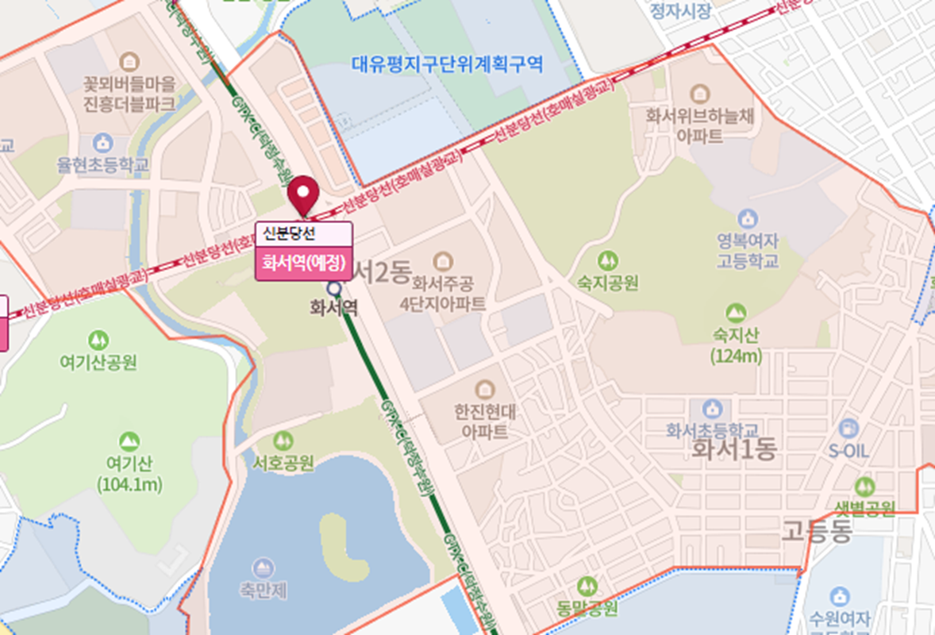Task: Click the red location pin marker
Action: (302, 194)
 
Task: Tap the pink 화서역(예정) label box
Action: (302, 263)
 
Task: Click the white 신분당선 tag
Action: (302, 233)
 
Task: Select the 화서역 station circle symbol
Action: (334, 288)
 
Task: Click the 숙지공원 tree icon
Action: (607, 260)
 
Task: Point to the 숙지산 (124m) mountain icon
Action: (736, 313)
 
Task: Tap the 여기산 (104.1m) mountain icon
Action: (129, 441)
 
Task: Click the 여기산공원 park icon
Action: (98, 341)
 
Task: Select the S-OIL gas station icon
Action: (848, 429)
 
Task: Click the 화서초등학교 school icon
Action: (712, 409)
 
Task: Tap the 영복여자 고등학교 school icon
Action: (747, 218)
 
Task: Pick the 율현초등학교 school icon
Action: (102, 144)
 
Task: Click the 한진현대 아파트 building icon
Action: (484, 390)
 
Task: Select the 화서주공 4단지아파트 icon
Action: (443, 260)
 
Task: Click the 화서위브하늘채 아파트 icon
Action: (698, 94)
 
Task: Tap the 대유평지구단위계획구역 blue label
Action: (448, 63)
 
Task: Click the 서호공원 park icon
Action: (283, 441)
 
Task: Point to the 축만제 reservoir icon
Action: (261, 568)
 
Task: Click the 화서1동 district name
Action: (733, 450)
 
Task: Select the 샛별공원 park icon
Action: (864, 487)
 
